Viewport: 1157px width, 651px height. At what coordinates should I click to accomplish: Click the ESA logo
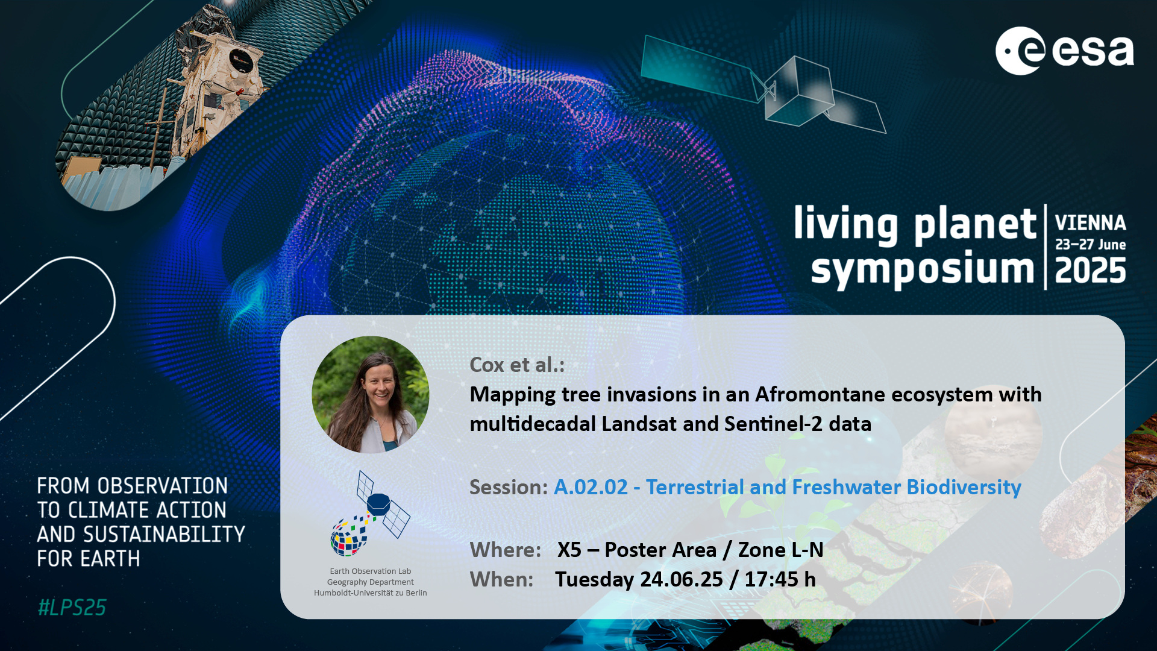tap(1064, 51)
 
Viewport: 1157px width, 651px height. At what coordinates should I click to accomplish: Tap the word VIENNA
tap(1090, 223)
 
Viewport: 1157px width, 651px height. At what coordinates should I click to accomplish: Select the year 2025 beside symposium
tap(1090, 271)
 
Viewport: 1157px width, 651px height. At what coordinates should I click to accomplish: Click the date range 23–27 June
tap(1090, 245)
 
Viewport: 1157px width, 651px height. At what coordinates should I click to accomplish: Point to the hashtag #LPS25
tap(72, 607)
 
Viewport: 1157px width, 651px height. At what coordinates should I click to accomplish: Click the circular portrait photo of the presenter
tap(371, 394)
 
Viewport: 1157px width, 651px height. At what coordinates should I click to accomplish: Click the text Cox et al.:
tap(517, 365)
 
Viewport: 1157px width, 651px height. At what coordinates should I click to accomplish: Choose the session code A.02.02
tap(591, 487)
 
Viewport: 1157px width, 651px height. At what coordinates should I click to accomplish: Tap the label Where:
tap(506, 550)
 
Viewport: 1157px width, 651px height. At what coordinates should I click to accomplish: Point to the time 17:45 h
tap(780, 579)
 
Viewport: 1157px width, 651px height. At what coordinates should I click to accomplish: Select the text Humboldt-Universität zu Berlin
tap(370, 593)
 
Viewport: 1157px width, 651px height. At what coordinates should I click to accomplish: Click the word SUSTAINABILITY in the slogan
tap(164, 535)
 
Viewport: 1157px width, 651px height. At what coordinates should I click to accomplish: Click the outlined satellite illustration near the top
tap(763, 84)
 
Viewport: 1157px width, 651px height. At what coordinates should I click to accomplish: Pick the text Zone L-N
tap(780, 550)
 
